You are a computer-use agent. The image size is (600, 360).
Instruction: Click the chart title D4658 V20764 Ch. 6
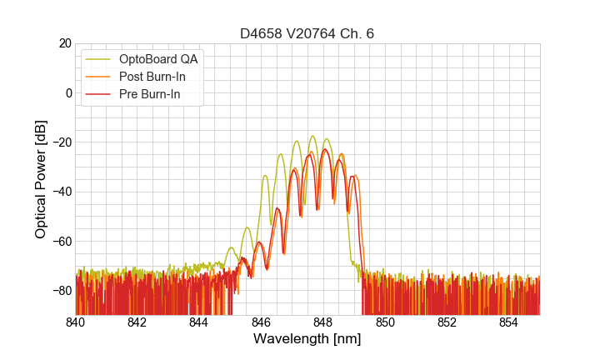[307, 33]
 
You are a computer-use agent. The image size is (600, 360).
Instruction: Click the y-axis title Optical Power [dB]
[41, 179]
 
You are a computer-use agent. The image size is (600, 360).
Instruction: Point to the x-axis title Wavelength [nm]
[307, 340]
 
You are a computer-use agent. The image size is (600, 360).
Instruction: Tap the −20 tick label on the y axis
[62, 142]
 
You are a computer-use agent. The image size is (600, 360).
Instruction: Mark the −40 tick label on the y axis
[62, 192]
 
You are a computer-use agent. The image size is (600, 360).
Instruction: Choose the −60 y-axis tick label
[62, 241]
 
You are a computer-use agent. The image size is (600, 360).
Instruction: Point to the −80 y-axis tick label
[62, 291]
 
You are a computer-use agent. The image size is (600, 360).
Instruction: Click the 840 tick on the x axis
[76, 322]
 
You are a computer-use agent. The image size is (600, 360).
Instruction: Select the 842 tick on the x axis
[137, 322]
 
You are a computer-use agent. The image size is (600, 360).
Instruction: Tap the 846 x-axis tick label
[261, 322]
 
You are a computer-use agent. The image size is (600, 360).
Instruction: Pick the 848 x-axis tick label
[323, 322]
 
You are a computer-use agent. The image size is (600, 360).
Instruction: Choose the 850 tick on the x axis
[385, 322]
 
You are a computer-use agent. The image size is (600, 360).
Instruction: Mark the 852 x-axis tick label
[447, 322]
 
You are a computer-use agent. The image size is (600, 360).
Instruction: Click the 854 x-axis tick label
[508, 322]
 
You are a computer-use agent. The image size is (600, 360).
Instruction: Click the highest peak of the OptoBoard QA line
[312, 136]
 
